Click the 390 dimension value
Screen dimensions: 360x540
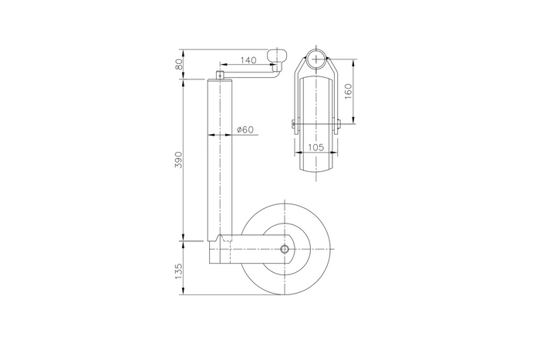[x=178, y=160]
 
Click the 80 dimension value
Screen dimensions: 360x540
[x=179, y=66]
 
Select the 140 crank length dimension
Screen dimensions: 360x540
[x=248, y=59]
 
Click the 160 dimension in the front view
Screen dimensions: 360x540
[x=348, y=91]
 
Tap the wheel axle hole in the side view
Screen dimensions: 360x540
[x=285, y=250]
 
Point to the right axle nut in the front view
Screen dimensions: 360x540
[x=339, y=124]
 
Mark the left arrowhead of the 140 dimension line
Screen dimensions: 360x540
[x=222, y=65]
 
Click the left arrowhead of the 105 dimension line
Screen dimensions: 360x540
[x=296, y=153]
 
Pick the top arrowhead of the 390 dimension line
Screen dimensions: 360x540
[x=184, y=81]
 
